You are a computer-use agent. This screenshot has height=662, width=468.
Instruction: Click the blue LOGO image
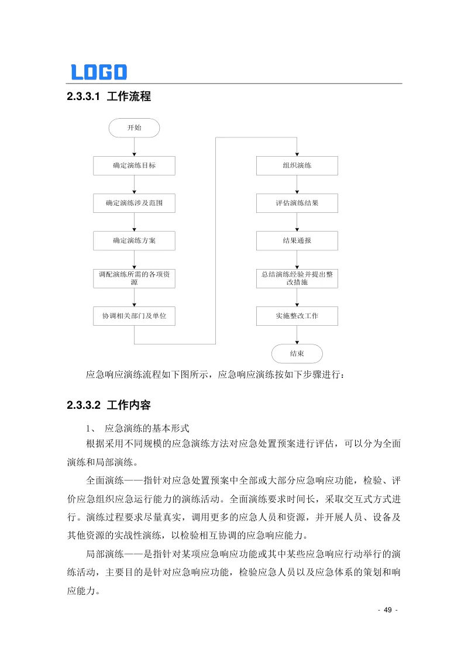click(99, 72)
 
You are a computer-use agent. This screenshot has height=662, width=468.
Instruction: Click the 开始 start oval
click(134, 128)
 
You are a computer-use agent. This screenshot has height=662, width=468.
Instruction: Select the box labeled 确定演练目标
click(134, 165)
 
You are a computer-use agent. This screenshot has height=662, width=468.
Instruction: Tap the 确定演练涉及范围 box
click(134, 203)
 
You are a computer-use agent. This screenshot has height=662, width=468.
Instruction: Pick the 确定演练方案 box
click(134, 240)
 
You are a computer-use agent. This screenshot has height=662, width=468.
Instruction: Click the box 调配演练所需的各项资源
click(134, 278)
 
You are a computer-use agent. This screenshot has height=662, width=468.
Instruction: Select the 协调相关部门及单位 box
click(134, 316)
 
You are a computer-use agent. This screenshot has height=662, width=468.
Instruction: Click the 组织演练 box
click(297, 165)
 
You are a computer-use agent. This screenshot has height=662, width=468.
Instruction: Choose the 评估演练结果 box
click(297, 203)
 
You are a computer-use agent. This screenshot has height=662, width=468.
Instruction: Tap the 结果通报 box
click(297, 240)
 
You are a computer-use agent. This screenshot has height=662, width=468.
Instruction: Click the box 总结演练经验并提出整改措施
click(297, 278)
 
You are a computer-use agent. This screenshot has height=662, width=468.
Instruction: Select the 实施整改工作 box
click(297, 316)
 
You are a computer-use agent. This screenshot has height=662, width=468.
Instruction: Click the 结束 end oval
click(297, 353)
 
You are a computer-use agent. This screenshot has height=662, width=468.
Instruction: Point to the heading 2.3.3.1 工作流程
click(109, 97)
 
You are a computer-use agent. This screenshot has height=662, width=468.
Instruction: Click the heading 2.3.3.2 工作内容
click(109, 405)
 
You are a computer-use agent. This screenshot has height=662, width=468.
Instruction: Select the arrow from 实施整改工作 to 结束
click(297, 335)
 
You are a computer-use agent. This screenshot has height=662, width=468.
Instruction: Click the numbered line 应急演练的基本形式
click(143, 427)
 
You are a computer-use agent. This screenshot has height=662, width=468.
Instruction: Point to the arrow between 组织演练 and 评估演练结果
click(297, 184)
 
